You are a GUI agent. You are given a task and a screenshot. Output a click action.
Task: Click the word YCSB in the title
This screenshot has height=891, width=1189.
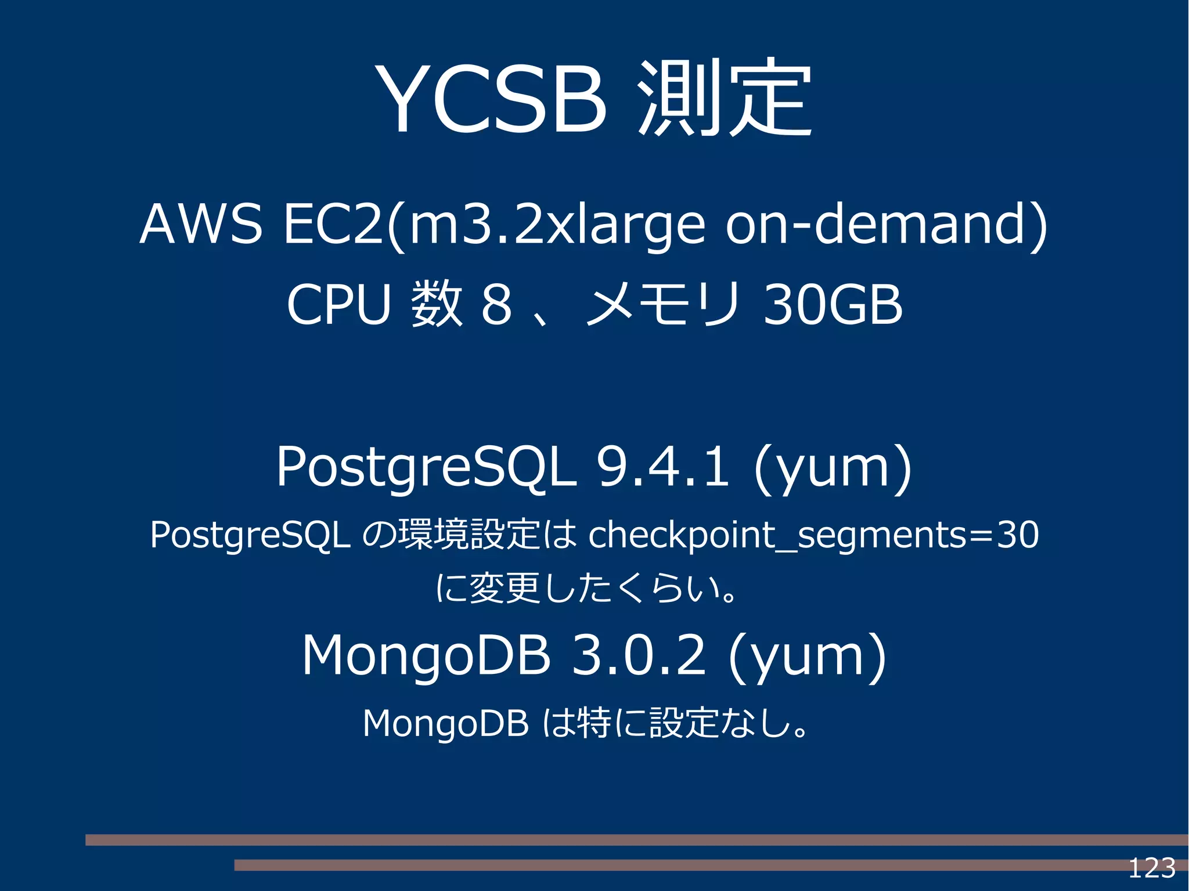tap(491, 99)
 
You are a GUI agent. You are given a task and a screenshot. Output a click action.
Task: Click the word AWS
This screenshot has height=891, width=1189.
tap(201, 224)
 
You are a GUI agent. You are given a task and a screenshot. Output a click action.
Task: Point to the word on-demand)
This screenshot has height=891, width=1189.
tap(887, 224)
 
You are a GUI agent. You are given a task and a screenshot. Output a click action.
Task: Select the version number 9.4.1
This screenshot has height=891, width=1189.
tap(662, 466)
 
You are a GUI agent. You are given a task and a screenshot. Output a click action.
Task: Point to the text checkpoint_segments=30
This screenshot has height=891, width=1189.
tap(813, 535)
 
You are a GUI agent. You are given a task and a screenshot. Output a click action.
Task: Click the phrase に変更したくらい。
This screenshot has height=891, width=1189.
tap(588, 588)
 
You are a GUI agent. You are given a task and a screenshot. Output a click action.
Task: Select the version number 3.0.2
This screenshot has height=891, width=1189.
tap(639, 655)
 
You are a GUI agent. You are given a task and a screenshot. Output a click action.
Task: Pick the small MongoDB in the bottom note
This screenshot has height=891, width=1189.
tap(445, 723)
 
